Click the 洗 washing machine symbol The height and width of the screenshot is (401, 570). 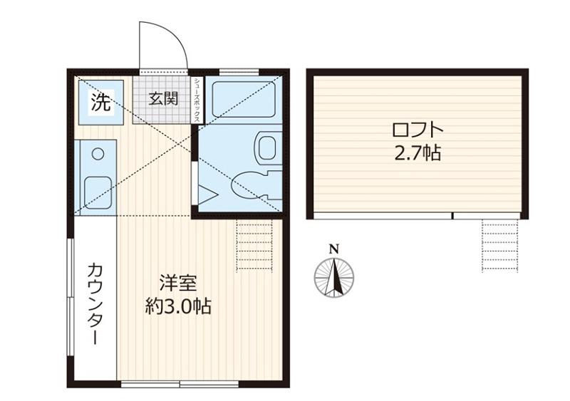pyautogui.click(x=100, y=103)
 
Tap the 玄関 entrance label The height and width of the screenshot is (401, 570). pyautogui.click(x=163, y=98)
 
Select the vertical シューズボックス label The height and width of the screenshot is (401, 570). pyautogui.click(x=197, y=100)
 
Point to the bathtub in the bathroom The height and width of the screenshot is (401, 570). pyautogui.click(x=244, y=99)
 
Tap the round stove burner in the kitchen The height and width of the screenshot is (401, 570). pyautogui.click(x=98, y=154)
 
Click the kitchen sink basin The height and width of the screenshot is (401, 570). pyautogui.click(x=98, y=193)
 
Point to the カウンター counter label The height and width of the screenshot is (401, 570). pyautogui.click(x=95, y=303)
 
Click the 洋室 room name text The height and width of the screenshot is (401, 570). pyautogui.click(x=178, y=283)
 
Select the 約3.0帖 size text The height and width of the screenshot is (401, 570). pyautogui.click(x=178, y=306)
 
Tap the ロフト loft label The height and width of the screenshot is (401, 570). pyautogui.click(x=418, y=130)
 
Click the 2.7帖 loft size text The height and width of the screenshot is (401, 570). pyautogui.click(x=418, y=153)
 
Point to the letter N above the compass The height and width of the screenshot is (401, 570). pyautogui.click(x=334, y=249)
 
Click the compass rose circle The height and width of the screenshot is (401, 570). pyautogui.click(x=334, y=278)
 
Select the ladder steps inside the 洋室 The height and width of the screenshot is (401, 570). pyautogui.click(x=254, y=246)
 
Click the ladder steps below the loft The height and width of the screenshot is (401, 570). pyautogui.click(x=500, y=246)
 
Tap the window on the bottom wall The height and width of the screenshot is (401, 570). pyautogui.click(x=180, y=384)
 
